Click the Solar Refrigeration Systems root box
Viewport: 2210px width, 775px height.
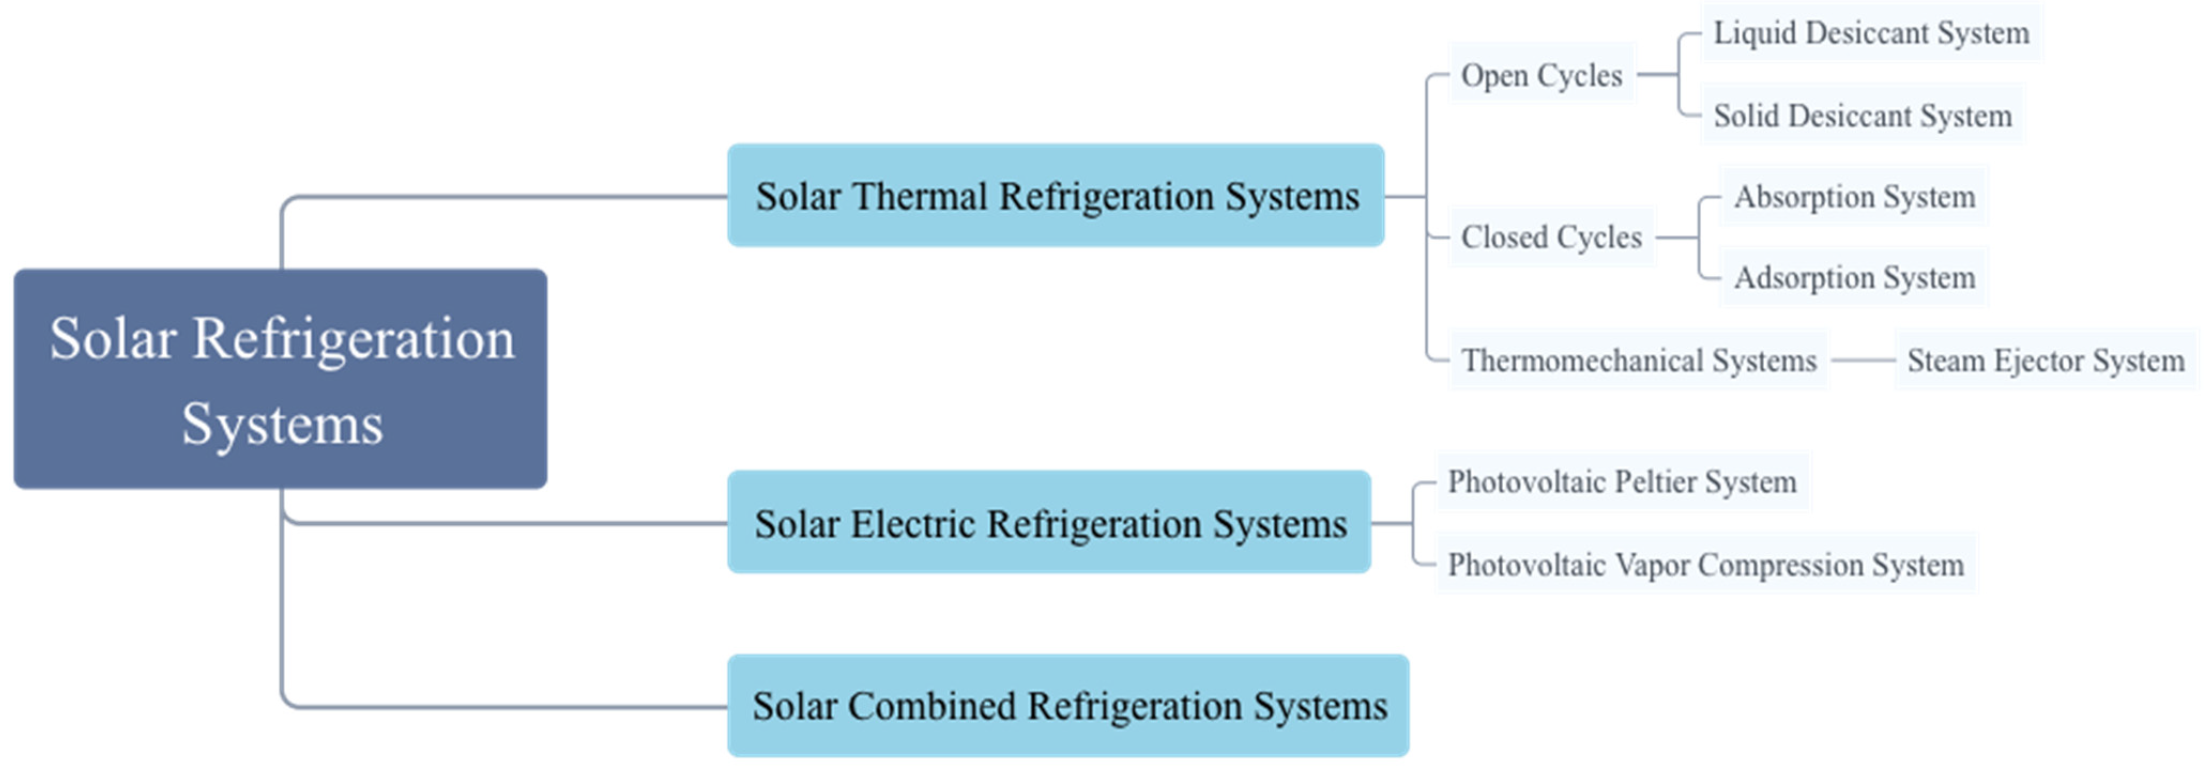(280, 379)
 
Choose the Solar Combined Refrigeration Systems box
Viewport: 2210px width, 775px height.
(1068, 707)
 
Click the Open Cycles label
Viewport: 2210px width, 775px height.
(1542, 75)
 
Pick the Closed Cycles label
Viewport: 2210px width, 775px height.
(1551, 237)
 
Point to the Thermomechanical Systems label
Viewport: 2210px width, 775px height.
(1639, 360)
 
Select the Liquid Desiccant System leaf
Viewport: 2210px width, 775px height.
(1871, 34)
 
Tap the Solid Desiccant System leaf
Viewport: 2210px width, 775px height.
(1862, 116)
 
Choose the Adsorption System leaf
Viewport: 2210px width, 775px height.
(1854, 278)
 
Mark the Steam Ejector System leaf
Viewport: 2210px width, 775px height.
(2045, 360)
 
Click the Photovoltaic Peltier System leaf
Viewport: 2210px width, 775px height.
(1621, 482)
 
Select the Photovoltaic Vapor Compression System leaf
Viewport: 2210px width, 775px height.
(1705, 565)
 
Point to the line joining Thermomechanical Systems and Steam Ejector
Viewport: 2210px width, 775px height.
(1862, 360)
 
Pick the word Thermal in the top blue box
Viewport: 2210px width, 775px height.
(920, 196)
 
